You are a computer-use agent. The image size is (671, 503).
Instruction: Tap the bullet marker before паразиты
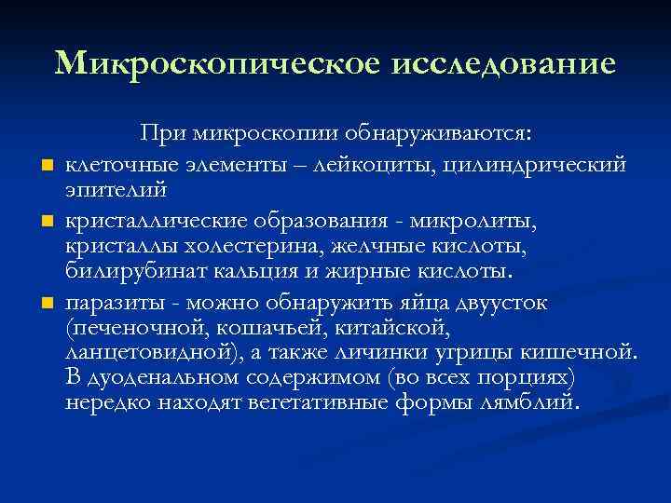click(x=45, y=305)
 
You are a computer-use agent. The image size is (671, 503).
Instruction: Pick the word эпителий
click(x=116, y=190)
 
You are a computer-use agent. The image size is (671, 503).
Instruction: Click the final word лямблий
click(x=531, y=404)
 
